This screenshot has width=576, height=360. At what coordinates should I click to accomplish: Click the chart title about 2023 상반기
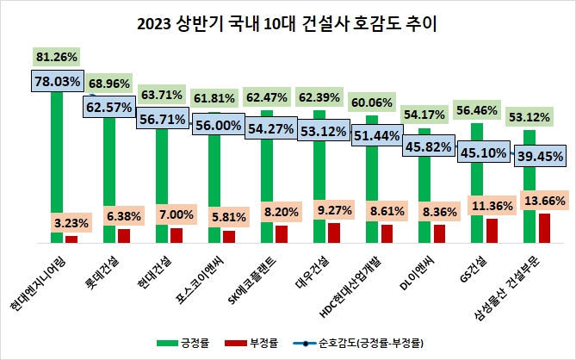[287, 23]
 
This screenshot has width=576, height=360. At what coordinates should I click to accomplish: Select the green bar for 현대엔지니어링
[57, 155]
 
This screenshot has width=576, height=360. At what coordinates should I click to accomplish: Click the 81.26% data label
[57, 57]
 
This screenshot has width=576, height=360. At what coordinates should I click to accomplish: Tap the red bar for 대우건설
[334, 233]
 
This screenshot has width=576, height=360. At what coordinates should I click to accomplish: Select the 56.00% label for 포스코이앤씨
[214, 124]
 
